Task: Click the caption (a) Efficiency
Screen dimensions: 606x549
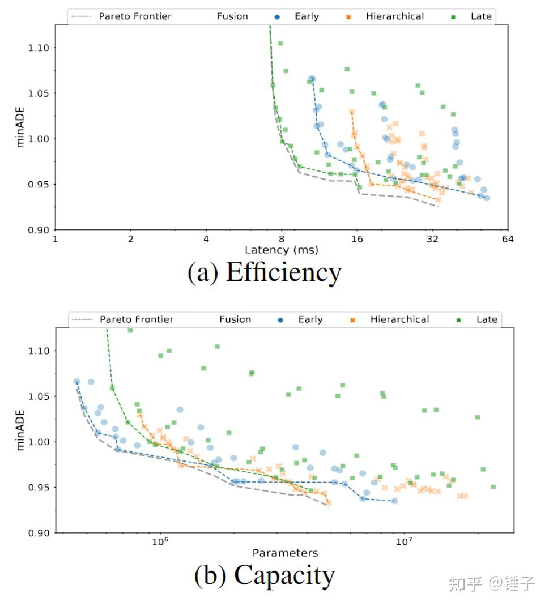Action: tap(264, 272)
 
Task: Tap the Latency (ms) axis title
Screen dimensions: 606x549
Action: tap(281, 250)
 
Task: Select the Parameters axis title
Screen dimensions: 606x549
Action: tap(285, 553)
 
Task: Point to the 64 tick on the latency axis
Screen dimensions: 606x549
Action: tap(507, 239)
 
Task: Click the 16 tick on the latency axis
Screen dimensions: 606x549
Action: tap(356, 239)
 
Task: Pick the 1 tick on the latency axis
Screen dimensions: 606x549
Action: tap(55, 239)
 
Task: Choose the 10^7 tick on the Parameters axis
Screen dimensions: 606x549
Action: tap(403, 543)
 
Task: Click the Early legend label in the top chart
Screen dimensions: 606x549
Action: tap(307, 16)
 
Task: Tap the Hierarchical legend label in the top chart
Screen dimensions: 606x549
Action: tap(394, 16)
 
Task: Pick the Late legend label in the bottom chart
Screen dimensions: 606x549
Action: tap(487, 319)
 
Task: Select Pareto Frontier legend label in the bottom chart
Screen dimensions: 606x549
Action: tap(137, 319)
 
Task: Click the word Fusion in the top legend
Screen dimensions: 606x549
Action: tap(232, 16)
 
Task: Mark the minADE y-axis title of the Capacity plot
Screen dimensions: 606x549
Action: tap(21, 430)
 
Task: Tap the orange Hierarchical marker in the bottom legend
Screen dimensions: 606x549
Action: tap(352, 320)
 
